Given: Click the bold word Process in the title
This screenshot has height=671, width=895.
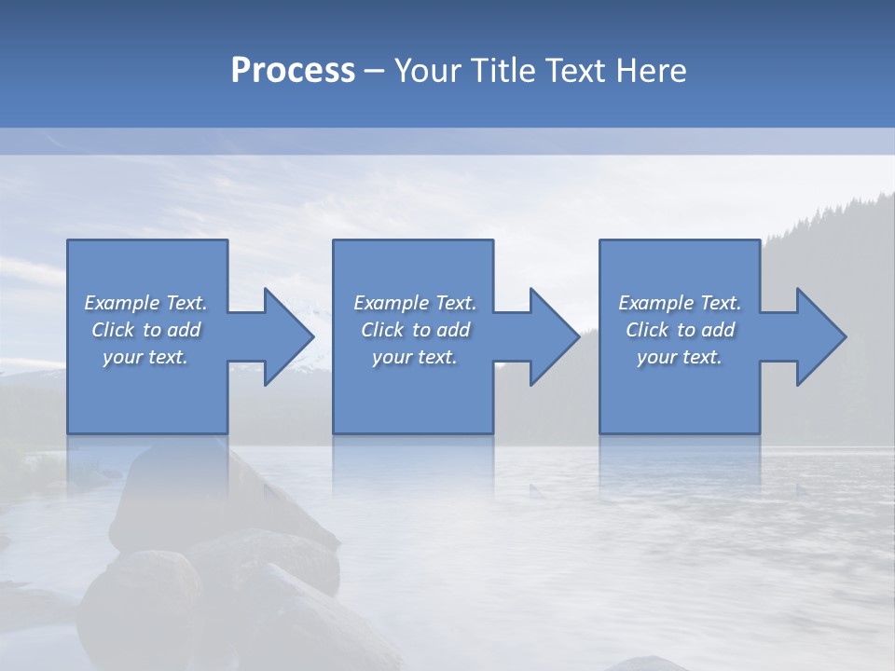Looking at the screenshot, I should click(293, 71).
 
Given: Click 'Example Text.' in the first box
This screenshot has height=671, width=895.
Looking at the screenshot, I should click(145, 303).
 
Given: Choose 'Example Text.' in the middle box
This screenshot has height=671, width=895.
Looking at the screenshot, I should click(415, 303).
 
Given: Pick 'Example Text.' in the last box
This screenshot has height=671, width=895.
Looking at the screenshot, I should click(680, 303).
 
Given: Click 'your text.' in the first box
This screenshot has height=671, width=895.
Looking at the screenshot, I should click(145, 357).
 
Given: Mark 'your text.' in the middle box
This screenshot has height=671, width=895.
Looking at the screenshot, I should click(415, 357).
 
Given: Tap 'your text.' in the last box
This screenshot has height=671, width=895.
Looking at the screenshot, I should click(680, 357).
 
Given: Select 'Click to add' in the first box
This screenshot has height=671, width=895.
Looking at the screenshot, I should click(146, 330).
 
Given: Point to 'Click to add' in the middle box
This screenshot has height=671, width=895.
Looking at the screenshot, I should click(416, 330).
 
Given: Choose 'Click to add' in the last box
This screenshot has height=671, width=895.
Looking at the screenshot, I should click(681, 330).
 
